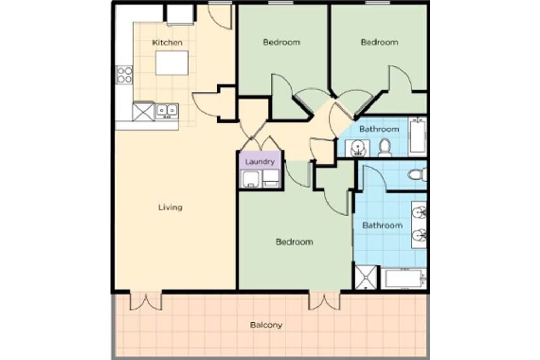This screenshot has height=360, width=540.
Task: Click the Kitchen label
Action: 167,43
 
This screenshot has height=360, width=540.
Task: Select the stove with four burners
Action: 124,75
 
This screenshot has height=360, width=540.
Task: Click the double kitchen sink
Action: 167,111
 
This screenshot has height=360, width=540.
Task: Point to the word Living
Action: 170,207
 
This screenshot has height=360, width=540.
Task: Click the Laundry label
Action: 259,162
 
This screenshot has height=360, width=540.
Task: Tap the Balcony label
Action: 266,325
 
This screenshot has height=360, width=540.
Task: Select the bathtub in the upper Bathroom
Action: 418,137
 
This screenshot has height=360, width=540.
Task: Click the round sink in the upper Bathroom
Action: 357,148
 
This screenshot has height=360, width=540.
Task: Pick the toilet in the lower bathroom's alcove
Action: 418,174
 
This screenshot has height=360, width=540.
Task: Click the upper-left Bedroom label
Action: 282,42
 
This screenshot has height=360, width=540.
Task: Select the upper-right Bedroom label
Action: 380,42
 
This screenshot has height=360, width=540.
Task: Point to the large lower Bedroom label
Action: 294,242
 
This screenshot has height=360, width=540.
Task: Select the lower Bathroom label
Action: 383,226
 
